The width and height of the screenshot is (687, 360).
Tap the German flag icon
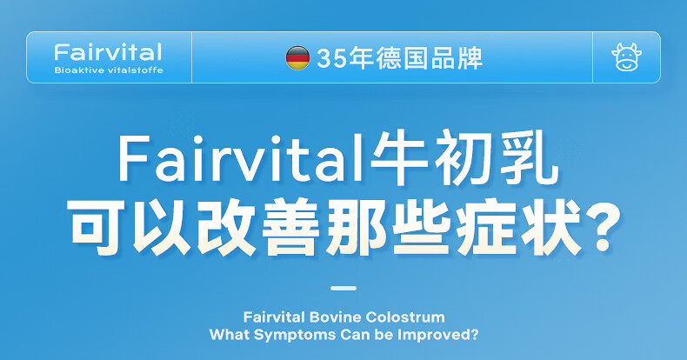tap(298, 57)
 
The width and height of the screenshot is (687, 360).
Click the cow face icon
tap(626, 57)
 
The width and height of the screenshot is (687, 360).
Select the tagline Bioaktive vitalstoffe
tap(109, 70)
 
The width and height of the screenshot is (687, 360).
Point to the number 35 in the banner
tap(330, 58)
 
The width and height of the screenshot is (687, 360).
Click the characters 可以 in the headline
tap(131, 228)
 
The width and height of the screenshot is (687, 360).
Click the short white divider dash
tap(343, 288)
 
